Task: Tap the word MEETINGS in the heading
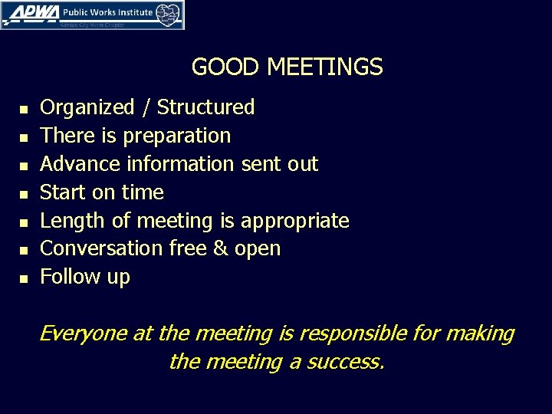[x=324, y=67]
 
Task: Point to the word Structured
[x=205, y=107]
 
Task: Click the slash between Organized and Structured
[x=146, y=107]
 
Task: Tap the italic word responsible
[x=343, y=334]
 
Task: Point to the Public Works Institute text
[x=107, y=12]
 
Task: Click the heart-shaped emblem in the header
[x=169, y=13]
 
